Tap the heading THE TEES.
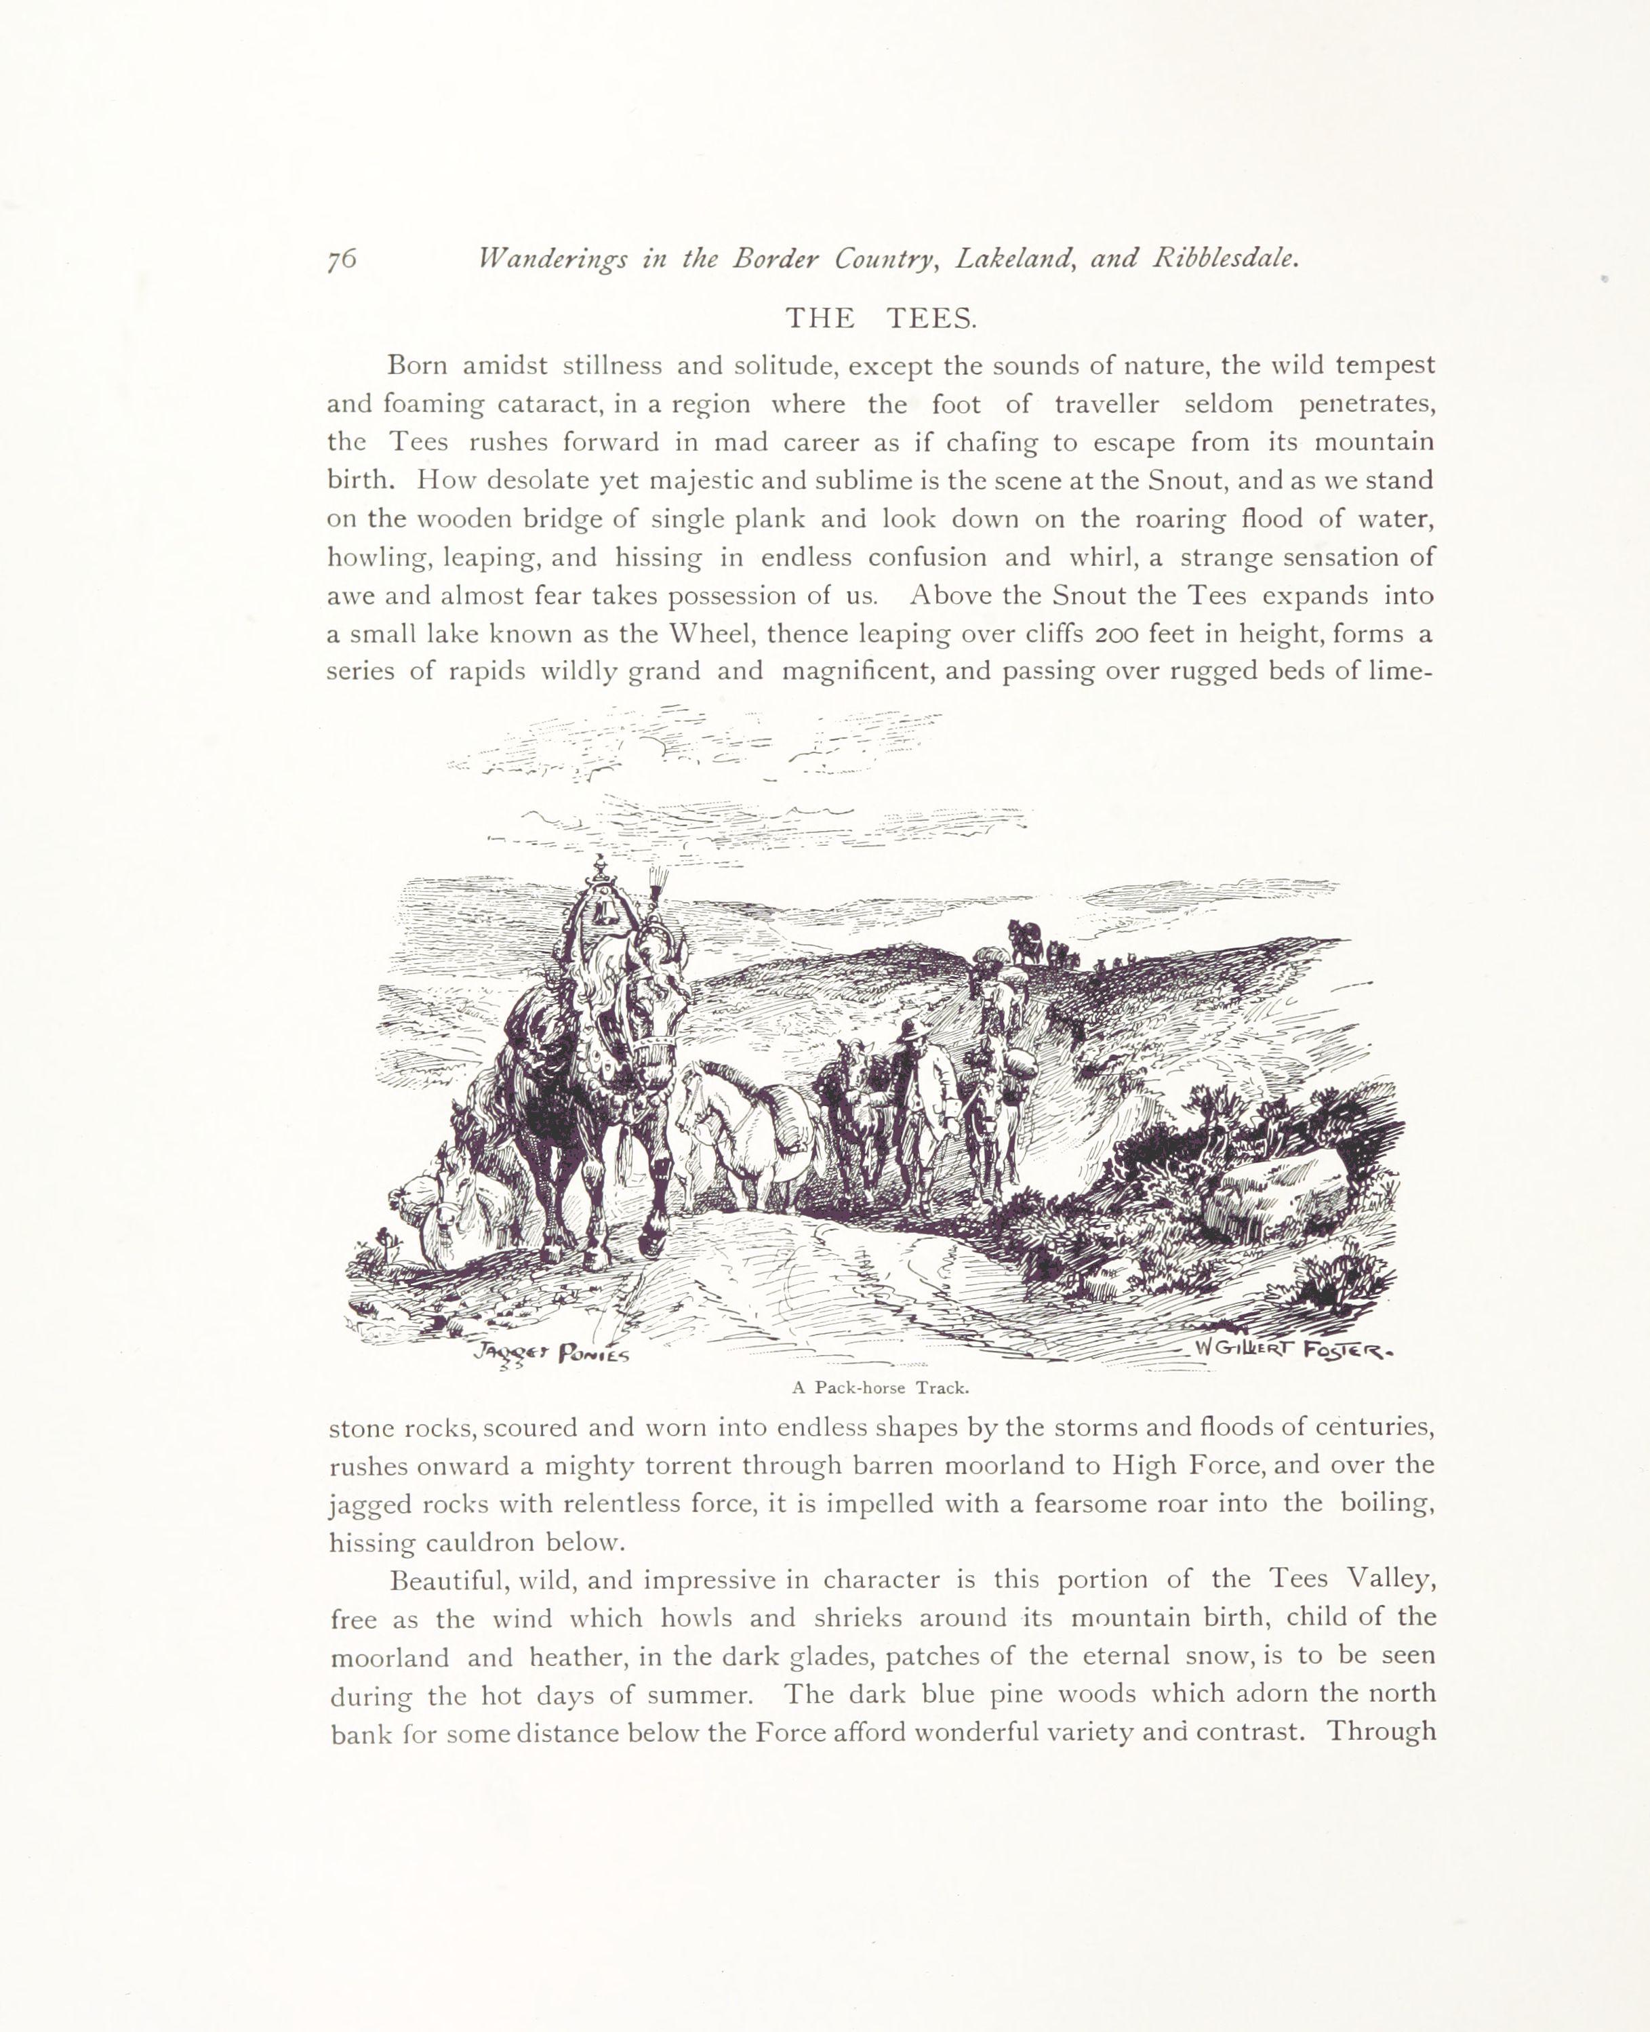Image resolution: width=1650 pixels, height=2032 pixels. coord(881,319)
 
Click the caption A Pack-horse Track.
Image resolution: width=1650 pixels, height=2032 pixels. coord(880,1387)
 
